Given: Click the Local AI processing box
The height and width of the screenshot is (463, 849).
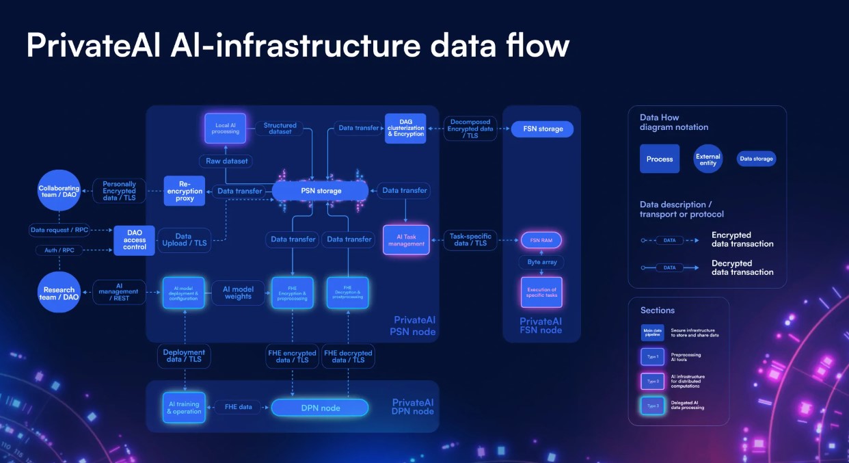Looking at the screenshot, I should click(x=225, y=128).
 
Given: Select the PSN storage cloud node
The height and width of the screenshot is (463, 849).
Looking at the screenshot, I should click(x=320, y=191).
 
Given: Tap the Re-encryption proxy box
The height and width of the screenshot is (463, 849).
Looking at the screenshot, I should click(x=185, y=191).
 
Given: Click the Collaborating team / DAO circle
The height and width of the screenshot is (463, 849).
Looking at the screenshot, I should click(x=59, y=191).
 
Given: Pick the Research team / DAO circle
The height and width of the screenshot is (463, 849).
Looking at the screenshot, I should click(x=59, y=293).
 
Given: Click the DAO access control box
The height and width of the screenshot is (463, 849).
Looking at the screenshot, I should click(x=135, y=240).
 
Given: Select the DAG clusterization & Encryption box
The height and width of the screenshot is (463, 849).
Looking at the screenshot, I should click(x=405, y=129).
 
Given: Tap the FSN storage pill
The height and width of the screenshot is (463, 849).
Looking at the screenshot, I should click(x=542, y=129).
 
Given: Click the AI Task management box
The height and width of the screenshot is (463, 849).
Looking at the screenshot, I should click(x=406, y=239).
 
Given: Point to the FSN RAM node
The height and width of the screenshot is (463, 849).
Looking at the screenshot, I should click(x=541, y=240).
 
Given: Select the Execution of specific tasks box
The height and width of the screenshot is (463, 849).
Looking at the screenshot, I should click(x=541, y=293).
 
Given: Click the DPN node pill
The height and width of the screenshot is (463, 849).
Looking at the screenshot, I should click(x=320, y=408).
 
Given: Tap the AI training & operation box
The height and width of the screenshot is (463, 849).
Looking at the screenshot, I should click(x=184, y=408).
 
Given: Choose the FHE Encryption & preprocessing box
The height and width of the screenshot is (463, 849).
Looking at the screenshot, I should click(x=292, y=293).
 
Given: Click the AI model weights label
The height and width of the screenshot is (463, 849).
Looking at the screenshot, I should click(x=238, y=293).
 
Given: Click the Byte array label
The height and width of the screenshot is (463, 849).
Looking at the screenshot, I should click(x=542, y=262).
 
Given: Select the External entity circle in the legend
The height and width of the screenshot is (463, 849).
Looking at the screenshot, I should click(x=707, y=159).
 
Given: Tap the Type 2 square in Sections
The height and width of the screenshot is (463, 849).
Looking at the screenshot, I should click(x=652, y=380).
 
